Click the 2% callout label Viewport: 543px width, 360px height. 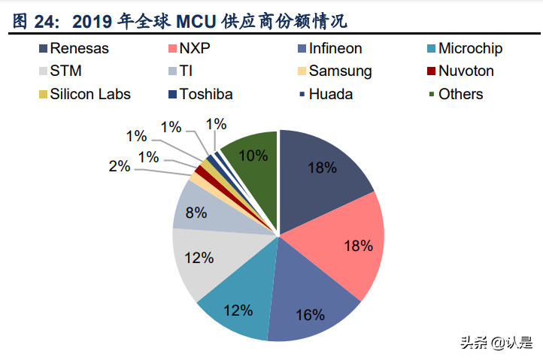(119, 167)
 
